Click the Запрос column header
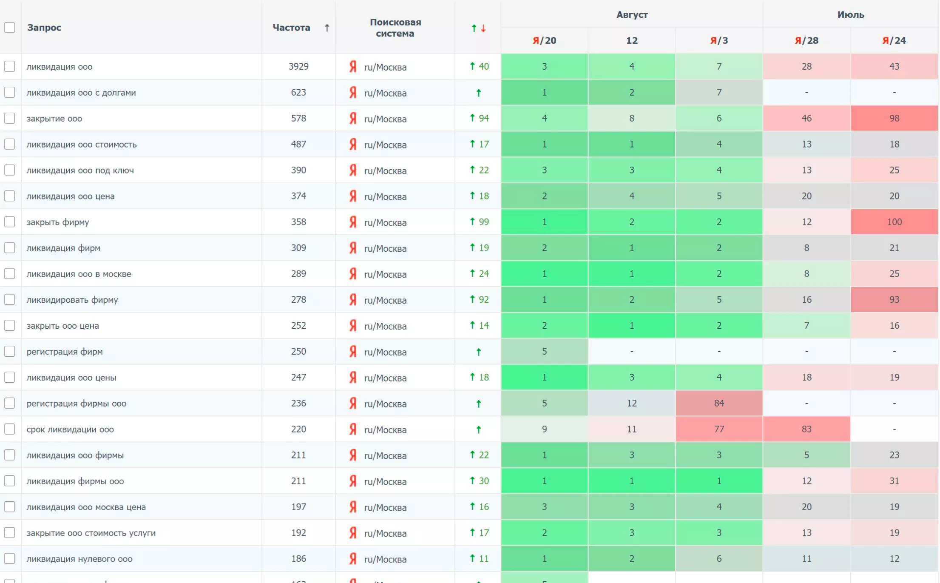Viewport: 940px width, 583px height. pos(44,28)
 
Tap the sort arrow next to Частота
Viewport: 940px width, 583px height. pos(327,28)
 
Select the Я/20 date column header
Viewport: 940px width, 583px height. pos(544,40)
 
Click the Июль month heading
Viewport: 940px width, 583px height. pos(850,14)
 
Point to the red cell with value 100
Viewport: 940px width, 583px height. pos(894,222)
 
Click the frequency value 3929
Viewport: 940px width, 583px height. pos(298,66)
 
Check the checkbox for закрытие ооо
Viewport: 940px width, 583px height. pos(10,118)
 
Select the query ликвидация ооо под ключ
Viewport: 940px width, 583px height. pos(80,170)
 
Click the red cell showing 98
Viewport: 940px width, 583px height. pos(894,118)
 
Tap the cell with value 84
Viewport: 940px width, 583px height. pos(719,403)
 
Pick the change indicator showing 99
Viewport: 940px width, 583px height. pos(479,222)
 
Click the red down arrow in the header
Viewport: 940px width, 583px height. pos(483,28)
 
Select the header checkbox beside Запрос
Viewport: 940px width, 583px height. pos(10,28)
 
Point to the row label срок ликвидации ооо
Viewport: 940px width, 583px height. pos(70,429)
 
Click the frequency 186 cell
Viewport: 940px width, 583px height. pos(298,559)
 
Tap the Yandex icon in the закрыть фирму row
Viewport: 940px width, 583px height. pos(353,222)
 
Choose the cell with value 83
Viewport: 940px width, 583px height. pos(807,429)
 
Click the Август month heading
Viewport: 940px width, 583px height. pos(632,14)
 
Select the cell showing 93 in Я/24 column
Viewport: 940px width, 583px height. pos(894,300)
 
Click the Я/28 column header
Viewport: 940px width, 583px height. pos(807,40)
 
